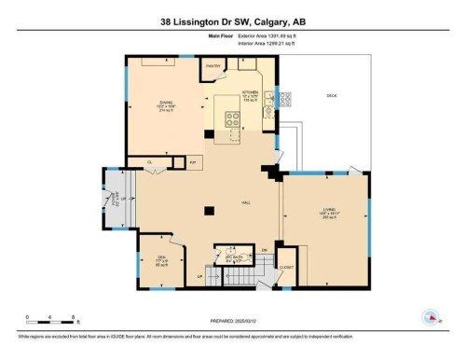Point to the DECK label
point(331,97)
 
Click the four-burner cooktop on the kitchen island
point(231,118)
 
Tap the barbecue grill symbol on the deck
point(284,96)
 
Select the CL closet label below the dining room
point(148,161)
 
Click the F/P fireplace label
point(191,161)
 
